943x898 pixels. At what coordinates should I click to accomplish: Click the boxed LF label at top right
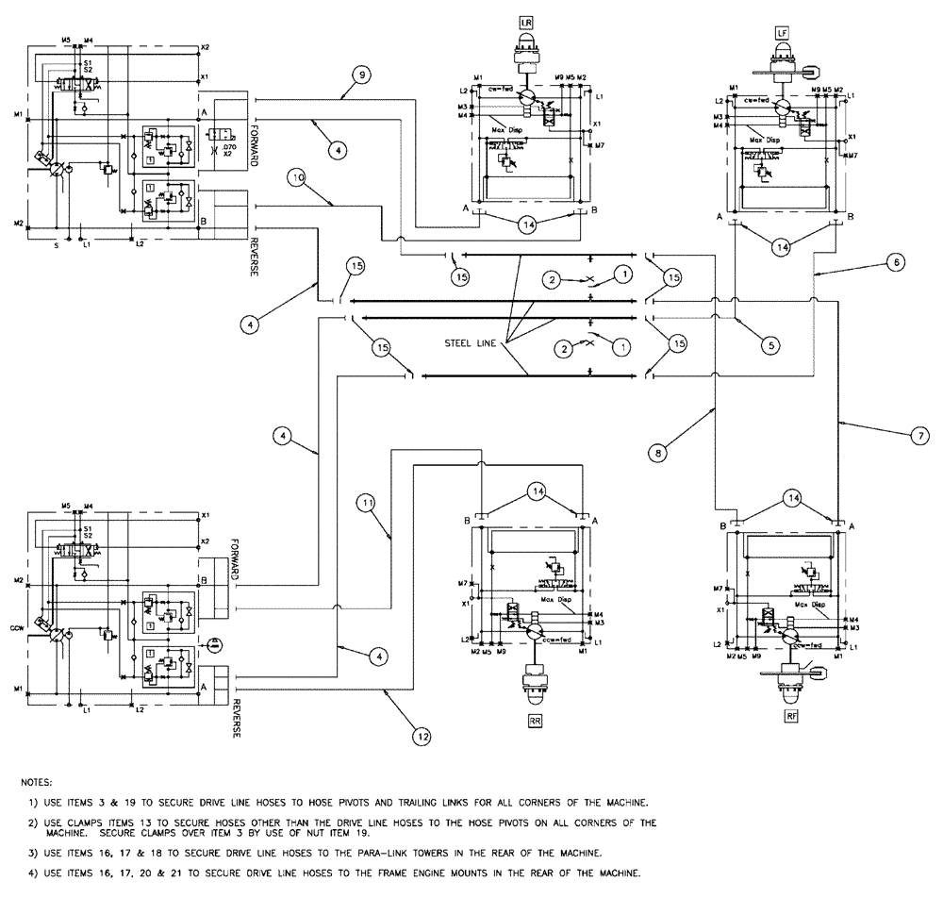click(781, 33)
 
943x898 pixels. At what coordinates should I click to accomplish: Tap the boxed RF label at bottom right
click(791, 717)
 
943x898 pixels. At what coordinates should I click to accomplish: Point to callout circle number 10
click(297, 176)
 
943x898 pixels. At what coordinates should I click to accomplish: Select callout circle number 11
click(365, 503)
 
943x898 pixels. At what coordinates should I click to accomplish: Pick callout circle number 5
click(770, 345)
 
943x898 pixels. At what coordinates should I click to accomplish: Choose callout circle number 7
click(915, 436)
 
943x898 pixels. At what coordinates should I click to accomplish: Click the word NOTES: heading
click(39, 783)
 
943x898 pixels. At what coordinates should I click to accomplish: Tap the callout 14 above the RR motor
click(535, 491)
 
